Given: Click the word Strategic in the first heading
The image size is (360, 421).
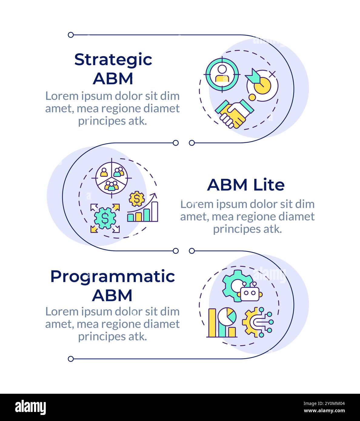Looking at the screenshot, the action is pyautogui.click(x=113, y=60).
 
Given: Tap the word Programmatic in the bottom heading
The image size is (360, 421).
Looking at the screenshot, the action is pyautogui.click(x=113, y=277).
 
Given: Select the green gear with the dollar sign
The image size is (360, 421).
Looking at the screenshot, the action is pyautogui.click(x=105, y=218).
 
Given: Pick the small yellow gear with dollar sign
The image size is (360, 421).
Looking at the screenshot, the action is pyautogui.click(x=137, y=199).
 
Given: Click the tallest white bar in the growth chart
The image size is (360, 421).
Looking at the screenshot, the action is pyautogui.click(x=155, y=212).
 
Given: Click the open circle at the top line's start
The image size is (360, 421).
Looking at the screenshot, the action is pyautogui.click(x=71, y=35).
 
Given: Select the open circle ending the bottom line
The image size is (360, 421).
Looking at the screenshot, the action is pyautogui.click(x=71, y=359).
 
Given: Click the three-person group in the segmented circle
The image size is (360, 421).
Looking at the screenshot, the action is pyautogui.click(x=112, y=186).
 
